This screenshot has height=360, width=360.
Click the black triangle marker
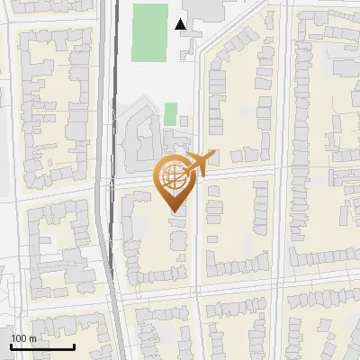point(182,24)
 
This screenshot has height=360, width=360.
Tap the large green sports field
point(150,32)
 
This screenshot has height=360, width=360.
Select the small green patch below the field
point(170,114)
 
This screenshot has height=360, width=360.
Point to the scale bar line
point(41,346)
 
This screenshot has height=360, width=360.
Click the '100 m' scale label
point(23,338)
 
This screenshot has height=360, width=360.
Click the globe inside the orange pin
point(172,175)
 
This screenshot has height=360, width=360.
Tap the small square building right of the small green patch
point(184,120)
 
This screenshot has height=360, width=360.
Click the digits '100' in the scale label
point(19,338)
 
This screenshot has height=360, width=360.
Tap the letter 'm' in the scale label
point(31,338)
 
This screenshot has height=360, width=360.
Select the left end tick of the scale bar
point(10,346)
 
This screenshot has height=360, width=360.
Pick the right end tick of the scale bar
point(74,346)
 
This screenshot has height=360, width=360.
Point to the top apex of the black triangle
point(182,19)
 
